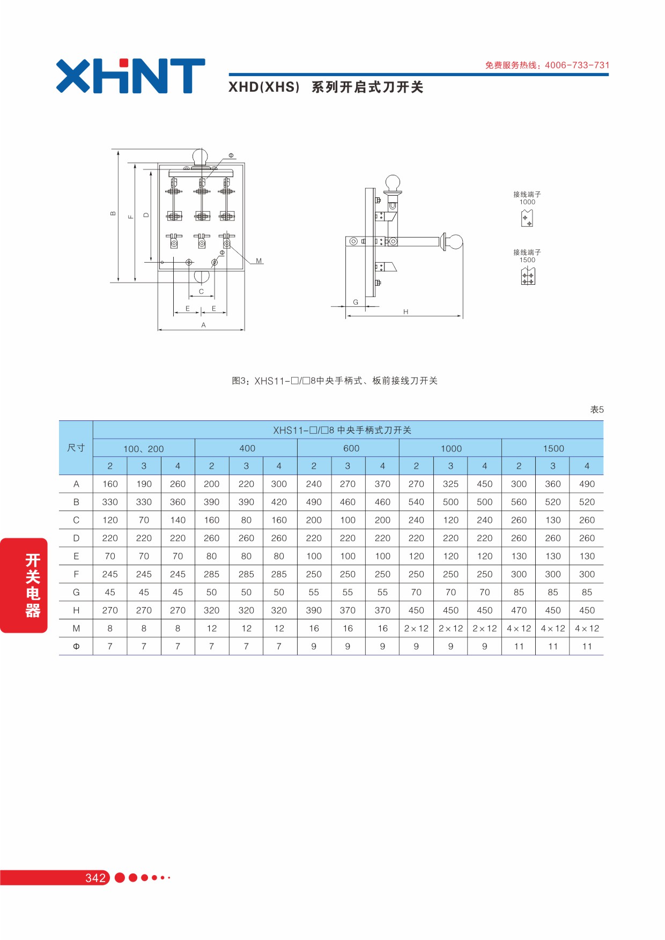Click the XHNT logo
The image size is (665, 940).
[130, 76]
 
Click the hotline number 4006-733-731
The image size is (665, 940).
[577, 65]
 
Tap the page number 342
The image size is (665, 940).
[95, 878]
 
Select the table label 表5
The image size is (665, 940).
[597, 410]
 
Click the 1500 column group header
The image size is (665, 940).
[553, 448]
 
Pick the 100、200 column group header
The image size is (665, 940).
[144, 449]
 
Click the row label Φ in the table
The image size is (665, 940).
[76, 646]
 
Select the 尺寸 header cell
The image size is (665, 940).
[76, 448]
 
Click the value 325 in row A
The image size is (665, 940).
[450, 484]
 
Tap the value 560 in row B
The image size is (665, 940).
[519, 502]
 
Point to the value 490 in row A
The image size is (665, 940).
[587, 484]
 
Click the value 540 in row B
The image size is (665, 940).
[416, 502]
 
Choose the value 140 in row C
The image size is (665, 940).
[178, 520]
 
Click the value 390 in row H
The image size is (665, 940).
[314, 610]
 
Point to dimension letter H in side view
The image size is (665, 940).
[406, 312]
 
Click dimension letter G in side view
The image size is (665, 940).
[356, 302]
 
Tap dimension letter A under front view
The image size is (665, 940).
[203, 325]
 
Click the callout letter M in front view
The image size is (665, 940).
[259, 261]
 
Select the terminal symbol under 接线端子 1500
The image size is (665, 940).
[528, 276]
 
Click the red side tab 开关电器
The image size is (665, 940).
[24, 586]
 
